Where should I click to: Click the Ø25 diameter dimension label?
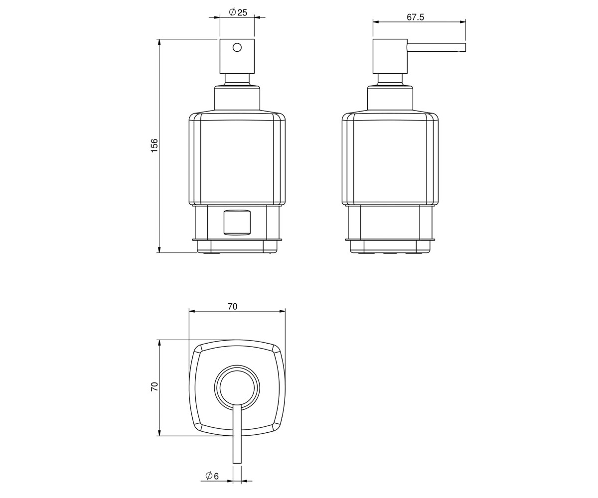238,12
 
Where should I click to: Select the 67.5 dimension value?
415,17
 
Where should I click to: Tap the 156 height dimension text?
154,145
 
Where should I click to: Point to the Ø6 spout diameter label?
212,476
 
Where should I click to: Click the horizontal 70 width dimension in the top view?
233,307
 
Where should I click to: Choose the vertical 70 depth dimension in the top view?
154,386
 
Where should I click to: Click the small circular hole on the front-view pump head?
237,47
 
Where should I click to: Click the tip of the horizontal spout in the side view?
465,47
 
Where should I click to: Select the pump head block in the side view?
390,56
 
